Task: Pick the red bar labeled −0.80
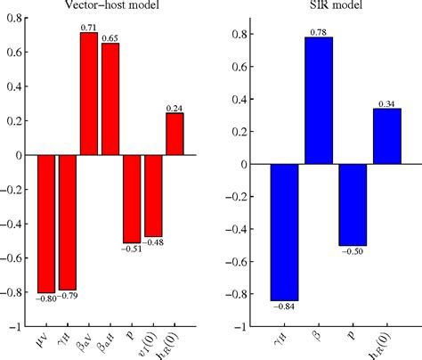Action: pos(45,224)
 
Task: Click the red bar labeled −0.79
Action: pos(67,223)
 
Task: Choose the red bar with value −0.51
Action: pos(132,199)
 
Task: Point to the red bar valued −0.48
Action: pos(153,196)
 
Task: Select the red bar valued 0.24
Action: pos(175,135)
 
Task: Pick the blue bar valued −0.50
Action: pos(353,205)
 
